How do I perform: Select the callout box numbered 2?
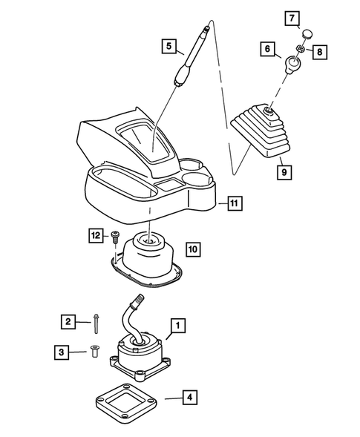(x=68, y=321)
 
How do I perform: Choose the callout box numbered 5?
(x=169, y=47)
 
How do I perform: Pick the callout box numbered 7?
(x=293, y=16)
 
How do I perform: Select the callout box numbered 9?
(x=283, y=172)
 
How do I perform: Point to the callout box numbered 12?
(x=96, y=235)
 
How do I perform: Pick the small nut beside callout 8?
(x=300, y=50)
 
